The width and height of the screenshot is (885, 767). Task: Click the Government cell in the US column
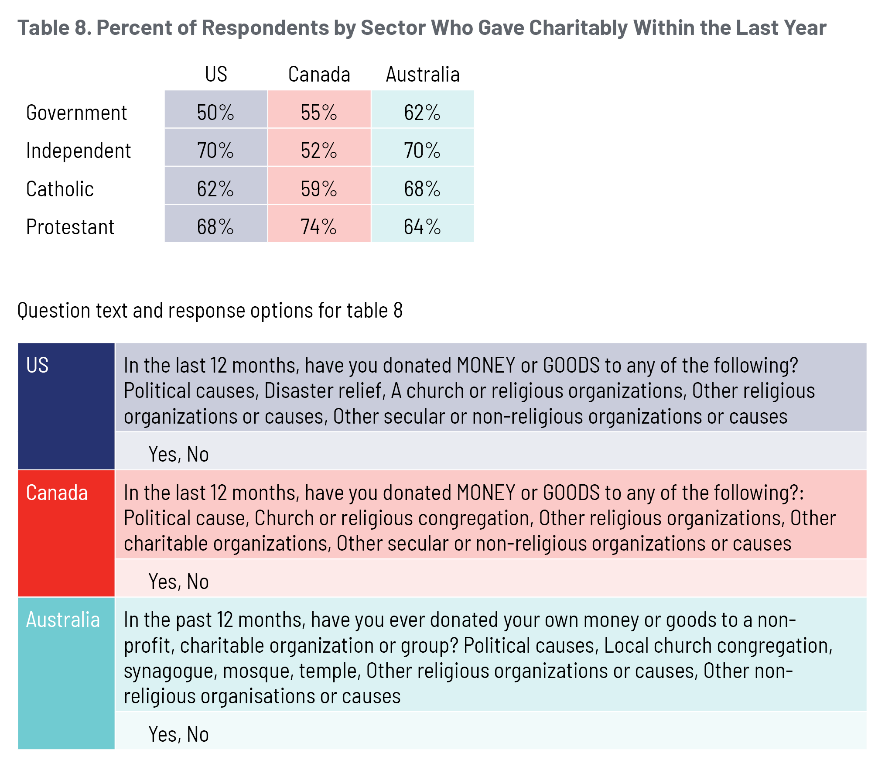point(215,113)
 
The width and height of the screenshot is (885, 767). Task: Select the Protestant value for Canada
point(319,227)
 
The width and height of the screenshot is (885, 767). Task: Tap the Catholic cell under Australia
point(422,189)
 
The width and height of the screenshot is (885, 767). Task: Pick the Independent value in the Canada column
point(319,151)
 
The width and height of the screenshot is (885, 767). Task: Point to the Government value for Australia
point(422,113)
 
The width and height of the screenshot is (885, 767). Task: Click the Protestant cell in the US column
point(215,227)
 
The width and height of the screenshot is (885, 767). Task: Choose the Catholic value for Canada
point(319,189)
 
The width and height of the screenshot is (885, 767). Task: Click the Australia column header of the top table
point(423,75)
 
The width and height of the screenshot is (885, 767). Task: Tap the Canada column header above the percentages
point(319,75)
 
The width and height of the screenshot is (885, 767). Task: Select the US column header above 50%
point(216,75)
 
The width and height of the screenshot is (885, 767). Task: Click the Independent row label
point(79,151)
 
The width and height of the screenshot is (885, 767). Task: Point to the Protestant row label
point(70,227)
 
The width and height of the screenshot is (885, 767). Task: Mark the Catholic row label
point(60,189)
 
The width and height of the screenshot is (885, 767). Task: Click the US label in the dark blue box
point(37,365)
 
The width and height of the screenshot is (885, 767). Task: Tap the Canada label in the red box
point(57,493)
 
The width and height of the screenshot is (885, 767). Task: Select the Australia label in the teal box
point(63,620)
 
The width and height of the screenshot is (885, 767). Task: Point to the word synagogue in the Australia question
point(170,671)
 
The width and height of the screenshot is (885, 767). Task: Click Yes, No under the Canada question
point(178,582)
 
